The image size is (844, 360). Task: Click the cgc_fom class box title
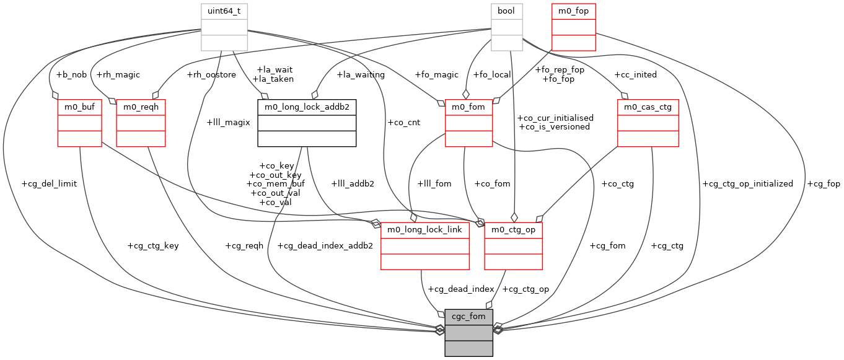468,317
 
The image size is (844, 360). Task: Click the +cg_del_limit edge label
49,184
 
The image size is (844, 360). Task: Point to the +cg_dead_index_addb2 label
325,245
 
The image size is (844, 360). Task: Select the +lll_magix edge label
228,122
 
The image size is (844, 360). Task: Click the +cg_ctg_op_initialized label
747,184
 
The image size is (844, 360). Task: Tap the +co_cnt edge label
403,122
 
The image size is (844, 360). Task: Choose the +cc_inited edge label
635,74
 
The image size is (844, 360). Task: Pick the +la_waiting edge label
360,74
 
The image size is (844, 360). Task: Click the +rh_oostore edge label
211,74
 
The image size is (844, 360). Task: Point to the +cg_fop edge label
824,184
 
